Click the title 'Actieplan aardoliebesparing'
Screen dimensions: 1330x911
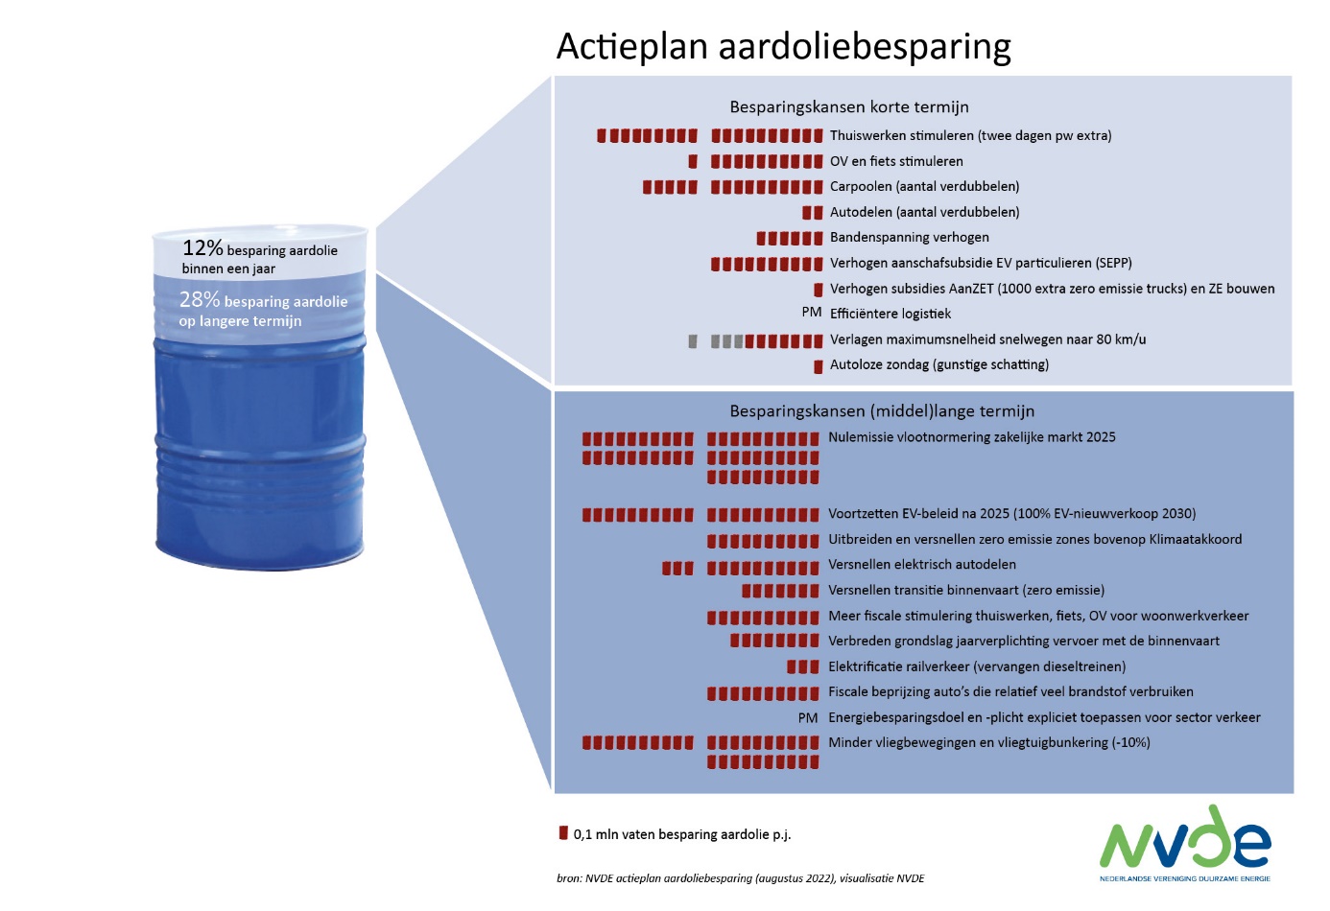point(783,46)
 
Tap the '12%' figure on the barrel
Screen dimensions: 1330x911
point(202,248)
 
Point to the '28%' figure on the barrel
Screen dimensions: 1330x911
point(200,300)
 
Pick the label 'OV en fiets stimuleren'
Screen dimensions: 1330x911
point(896,161)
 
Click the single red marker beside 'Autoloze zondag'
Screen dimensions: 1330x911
point(819,366)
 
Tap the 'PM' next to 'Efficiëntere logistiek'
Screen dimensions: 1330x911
point(812,313)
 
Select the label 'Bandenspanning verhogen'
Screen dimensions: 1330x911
point(910,238)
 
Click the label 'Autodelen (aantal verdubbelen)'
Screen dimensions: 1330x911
point(924,212)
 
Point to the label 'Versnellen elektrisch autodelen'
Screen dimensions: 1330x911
point(922,565)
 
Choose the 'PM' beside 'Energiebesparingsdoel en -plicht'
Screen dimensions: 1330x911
point(808,717)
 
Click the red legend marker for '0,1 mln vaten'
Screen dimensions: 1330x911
point(563,832)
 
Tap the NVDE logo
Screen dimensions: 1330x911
point(1185,842)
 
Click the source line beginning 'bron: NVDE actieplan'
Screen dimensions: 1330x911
point(741,878)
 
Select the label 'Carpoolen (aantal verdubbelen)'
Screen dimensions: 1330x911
point(924,186)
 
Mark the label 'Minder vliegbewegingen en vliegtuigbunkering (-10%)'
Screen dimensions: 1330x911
point(989,742)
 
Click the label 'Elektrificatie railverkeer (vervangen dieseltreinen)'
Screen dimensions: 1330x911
point(977,666)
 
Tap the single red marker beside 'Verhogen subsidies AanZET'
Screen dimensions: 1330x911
point(819,290)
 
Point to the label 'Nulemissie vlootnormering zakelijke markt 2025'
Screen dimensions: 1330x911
point(972,437)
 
